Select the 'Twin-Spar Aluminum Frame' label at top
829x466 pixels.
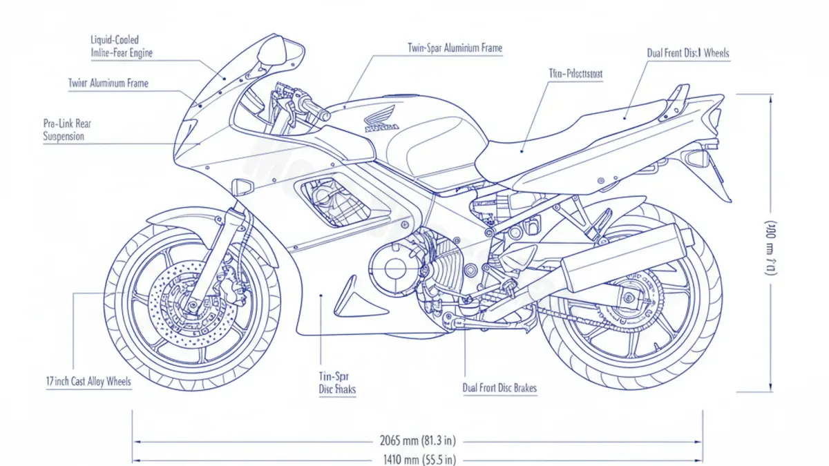tap(455, 49)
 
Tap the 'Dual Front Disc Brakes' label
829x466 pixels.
tap(499, 388)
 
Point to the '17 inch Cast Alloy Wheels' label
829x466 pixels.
tap(88, 382)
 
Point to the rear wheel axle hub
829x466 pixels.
tap(628, 298)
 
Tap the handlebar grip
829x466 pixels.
tap(314, 109)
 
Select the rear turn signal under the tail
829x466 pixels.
tap(696, 158)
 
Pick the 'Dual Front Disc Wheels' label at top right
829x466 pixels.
tap(687, 53)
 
